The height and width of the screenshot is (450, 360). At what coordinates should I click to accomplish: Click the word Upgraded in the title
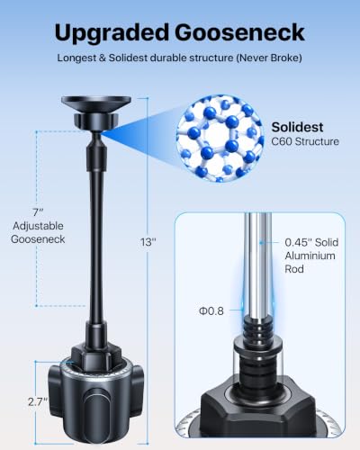(x=112, y=33)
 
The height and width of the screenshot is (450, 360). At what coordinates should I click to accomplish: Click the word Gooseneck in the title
(x=239, y=31)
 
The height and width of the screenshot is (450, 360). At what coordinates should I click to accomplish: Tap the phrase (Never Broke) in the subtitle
(x=269, y=58)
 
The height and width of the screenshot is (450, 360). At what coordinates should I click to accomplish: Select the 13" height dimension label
(x=148, y=242)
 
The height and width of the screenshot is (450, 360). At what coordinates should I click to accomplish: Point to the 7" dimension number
(x=38, y=212)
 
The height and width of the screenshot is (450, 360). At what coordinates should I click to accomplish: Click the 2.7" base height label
(x=38, y=401)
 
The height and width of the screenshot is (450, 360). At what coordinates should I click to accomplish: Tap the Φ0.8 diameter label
(x=211, y=310)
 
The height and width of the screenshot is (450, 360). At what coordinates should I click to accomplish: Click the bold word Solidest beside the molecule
(x=297, y=127)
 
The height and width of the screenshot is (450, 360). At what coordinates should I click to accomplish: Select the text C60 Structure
(x=305, y=141)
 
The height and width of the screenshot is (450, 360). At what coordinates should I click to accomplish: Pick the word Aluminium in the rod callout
(x=310, y=256)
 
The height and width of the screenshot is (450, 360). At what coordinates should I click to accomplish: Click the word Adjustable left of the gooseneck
(x=38, y=226)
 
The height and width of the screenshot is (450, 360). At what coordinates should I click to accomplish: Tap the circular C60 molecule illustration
(x=220, y=139)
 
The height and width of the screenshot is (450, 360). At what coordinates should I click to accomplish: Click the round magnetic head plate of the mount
(x=96, y=102)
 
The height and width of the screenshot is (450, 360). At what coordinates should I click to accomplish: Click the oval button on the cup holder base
(x=96, y=416)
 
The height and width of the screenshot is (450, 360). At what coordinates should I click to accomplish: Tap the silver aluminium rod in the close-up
(x=258, y=264)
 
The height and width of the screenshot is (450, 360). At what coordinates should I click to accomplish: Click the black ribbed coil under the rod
(x=258, y=329)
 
